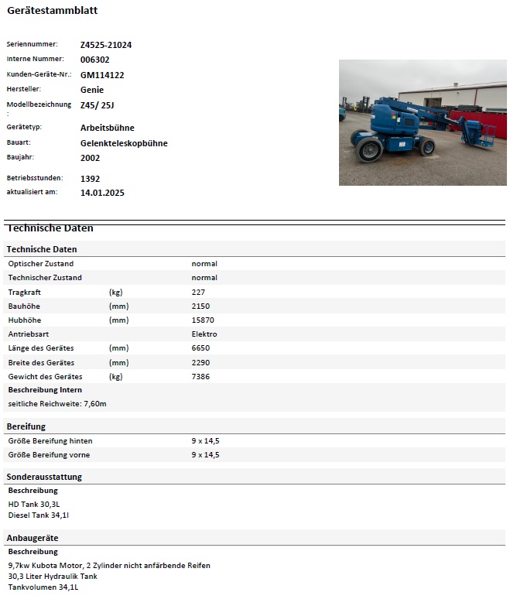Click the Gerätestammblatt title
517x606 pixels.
52,11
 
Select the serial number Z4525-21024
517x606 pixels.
106,45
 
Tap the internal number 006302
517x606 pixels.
94,60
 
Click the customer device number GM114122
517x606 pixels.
102,75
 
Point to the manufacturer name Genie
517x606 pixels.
91,90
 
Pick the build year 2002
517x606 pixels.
90,158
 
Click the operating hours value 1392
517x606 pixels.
90,179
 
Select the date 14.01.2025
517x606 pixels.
102,193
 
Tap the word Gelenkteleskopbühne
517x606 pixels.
124,143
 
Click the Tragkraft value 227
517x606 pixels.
198,292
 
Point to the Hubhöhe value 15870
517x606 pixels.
203,320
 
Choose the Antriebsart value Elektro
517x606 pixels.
204,334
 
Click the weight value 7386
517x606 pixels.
200,377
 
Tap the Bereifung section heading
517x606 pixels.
26,426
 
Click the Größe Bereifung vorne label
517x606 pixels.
50,455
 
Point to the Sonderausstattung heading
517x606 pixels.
44,477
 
